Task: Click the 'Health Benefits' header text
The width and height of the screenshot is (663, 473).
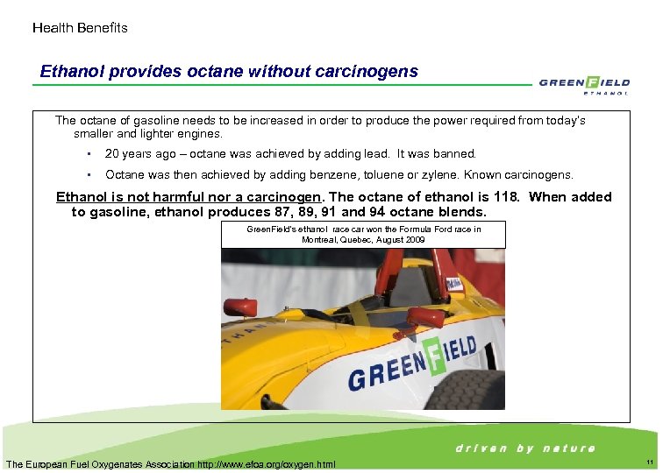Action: click(80, 28)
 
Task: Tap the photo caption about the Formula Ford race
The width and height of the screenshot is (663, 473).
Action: click(363, 233)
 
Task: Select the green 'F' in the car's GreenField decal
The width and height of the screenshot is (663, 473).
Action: click(432, 357)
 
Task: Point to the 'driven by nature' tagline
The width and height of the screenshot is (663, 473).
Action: click(525, 448)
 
